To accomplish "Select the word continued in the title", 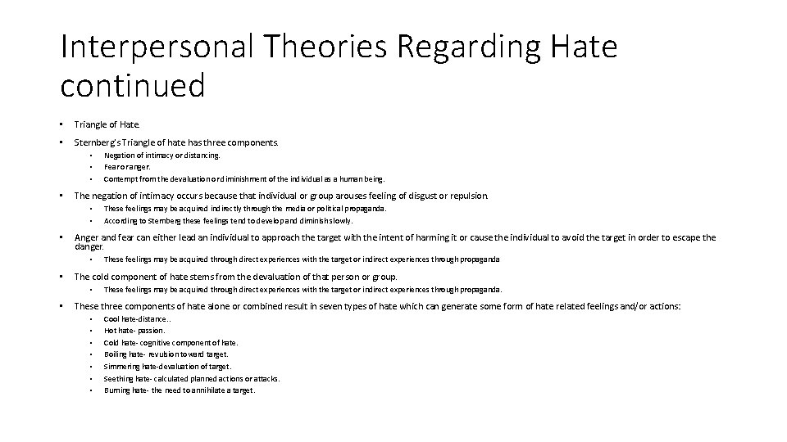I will (x=132, y=84).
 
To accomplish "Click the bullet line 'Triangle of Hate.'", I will (x=107, y=124).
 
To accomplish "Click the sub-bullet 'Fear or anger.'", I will (x=126, y=166).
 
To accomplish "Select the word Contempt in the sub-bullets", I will (x=120, y=178).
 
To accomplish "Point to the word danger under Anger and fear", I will (x=89, y=246).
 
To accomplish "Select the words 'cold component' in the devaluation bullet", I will (x=121, y=277).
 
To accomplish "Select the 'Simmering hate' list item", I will (x=167, y=367).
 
